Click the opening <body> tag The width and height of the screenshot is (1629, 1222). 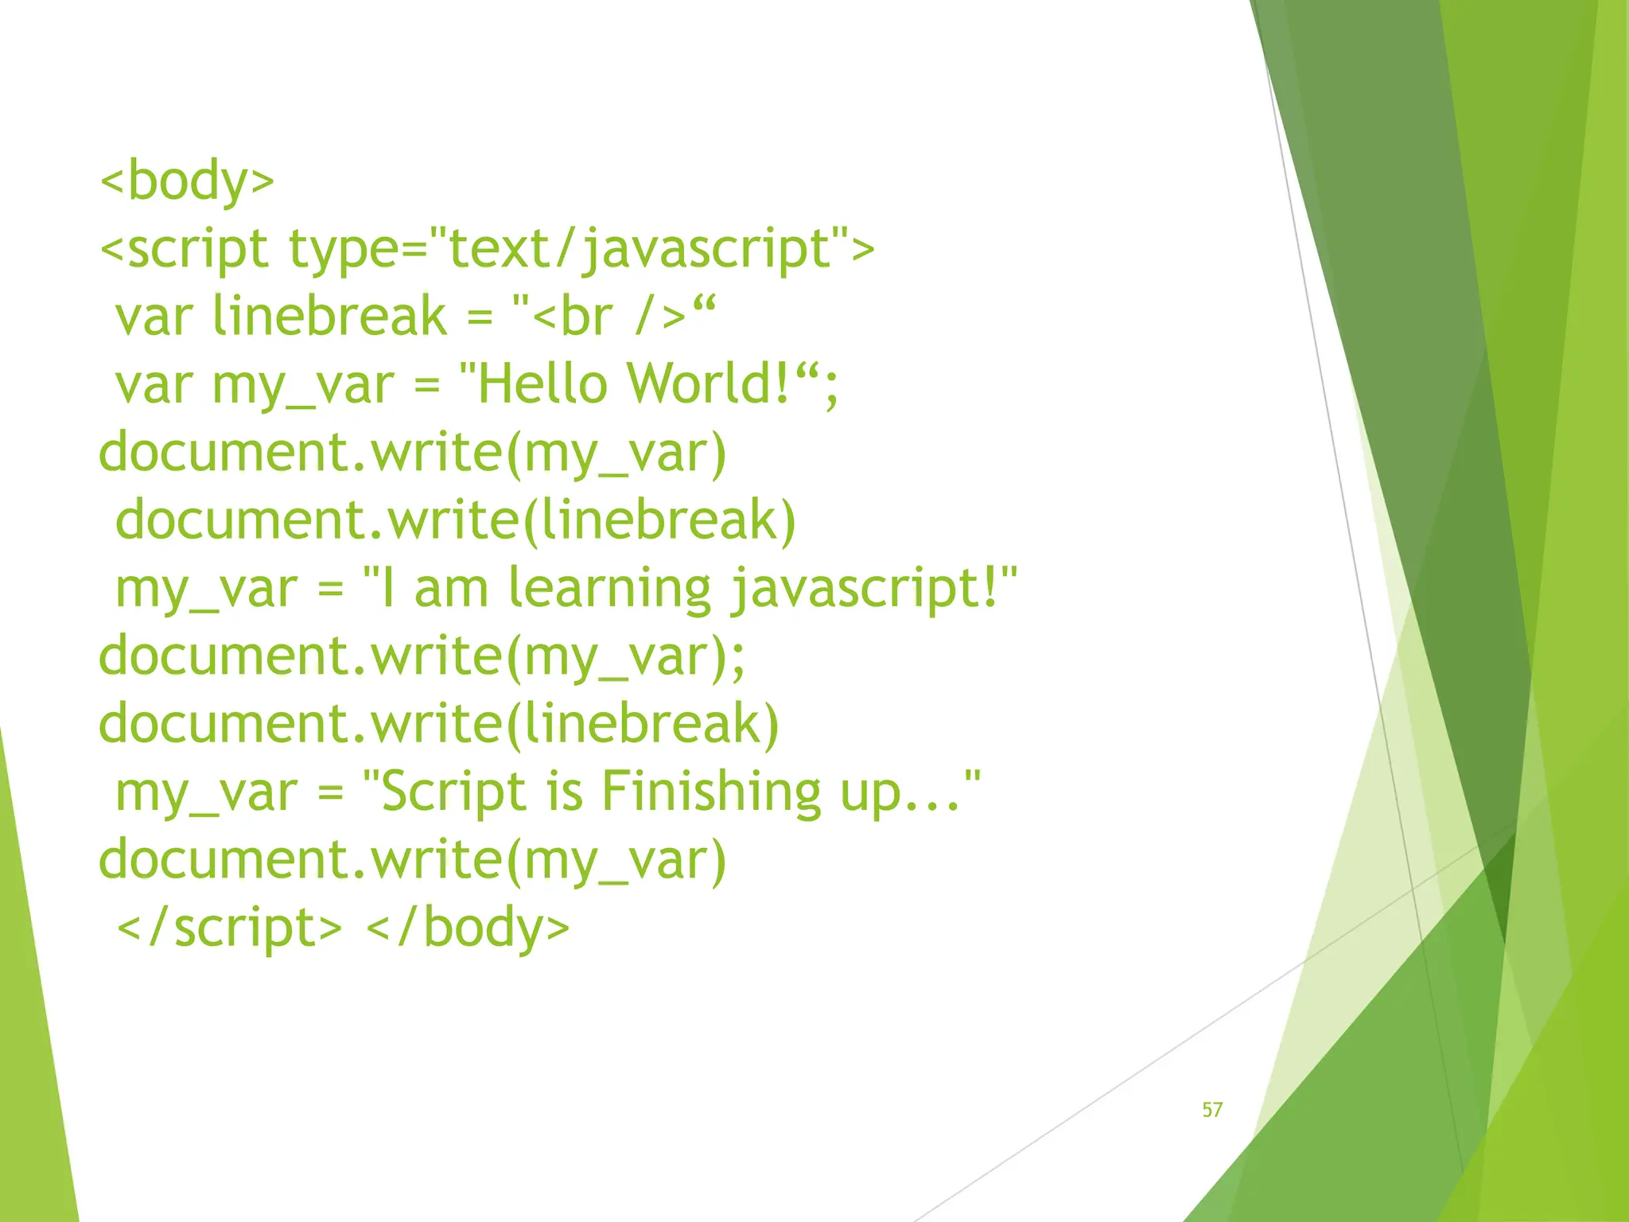[187, 181]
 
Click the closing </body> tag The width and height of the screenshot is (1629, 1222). [468, 928]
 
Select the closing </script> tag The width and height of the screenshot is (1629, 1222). [229, 928]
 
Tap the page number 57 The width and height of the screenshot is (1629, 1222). [1211, 1110]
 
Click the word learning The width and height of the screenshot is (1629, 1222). [609, 589]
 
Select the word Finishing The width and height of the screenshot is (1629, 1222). [710, 792]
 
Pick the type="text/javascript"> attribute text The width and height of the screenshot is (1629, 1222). [581, 249]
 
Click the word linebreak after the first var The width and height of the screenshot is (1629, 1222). [329, 317]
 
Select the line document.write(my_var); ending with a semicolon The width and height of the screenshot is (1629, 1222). [422, 657]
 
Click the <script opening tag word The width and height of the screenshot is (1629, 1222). [184, 249]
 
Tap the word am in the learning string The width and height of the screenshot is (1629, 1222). [451, 590]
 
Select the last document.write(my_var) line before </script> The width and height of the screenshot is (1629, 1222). [412, 861]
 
